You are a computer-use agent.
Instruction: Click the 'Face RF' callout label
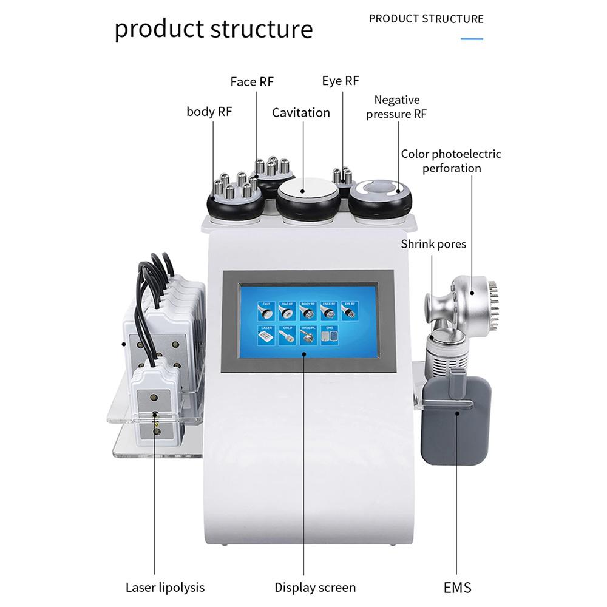(252, 81)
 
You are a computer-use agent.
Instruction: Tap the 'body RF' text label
(209, 111)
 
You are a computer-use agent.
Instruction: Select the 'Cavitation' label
(301, 112)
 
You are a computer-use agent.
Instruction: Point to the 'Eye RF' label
(341, 81)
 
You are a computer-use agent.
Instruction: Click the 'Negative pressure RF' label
(397, 107)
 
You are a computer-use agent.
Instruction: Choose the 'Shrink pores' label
(433, 244)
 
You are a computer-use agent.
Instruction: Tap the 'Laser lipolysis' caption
(165, 587)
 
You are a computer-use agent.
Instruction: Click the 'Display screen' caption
(315, 587)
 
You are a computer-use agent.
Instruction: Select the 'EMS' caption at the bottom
(456, 587)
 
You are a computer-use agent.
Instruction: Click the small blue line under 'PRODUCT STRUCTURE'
(472, 38)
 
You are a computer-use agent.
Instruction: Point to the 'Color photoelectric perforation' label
(451, 161)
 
